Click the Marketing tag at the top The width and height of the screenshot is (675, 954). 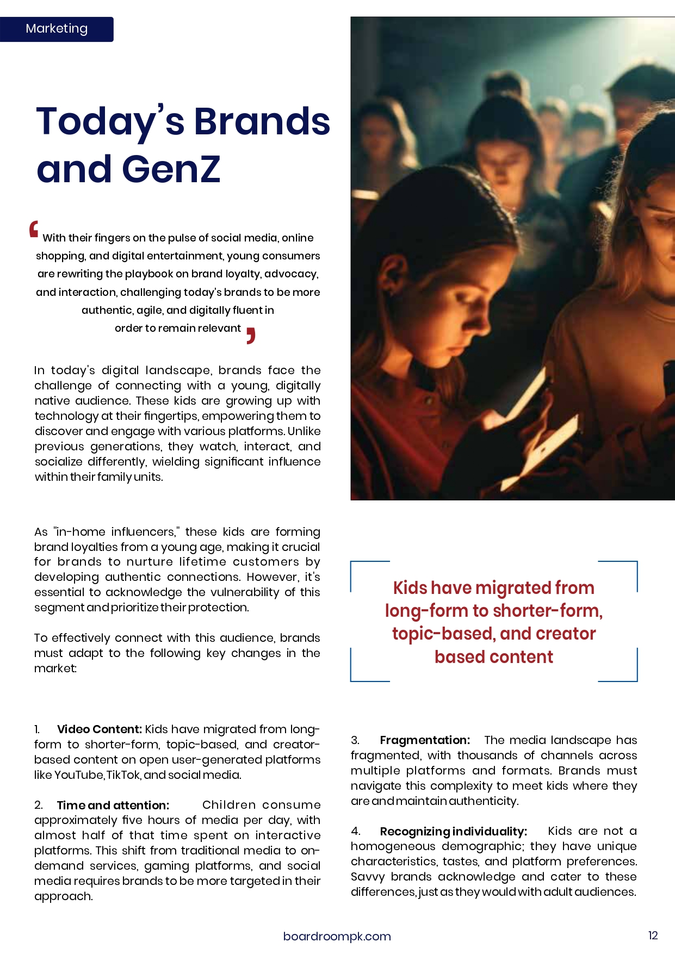[x=57, y=29]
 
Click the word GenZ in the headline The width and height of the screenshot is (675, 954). [x=171, y=169]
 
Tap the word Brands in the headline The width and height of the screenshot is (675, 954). [x=262, y=121]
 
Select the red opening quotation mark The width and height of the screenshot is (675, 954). [x=34, y=230]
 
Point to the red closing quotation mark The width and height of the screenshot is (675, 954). [x=250, y=336]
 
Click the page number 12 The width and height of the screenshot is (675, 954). [x=653, y=936]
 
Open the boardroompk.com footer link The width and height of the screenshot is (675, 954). [x=337, y=936]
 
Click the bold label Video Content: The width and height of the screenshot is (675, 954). [x=100, y=729]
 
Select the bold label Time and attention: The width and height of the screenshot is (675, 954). [x=113, y=806]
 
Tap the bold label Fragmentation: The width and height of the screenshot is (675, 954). [x=425, y=740]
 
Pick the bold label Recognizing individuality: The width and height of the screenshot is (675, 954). [x=454, y=832]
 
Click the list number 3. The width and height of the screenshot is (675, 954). [x=355, y=740]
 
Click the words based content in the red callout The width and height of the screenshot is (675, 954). [x=493, y=657]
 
